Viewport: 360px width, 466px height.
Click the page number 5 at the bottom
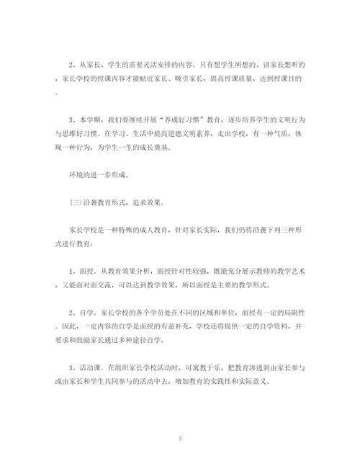180,437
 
